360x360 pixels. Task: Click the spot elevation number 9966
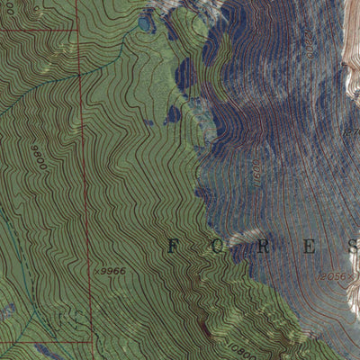pos(112,269)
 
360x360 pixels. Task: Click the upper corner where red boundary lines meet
pos(79,27)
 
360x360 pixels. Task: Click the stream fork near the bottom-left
pos(36,310)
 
